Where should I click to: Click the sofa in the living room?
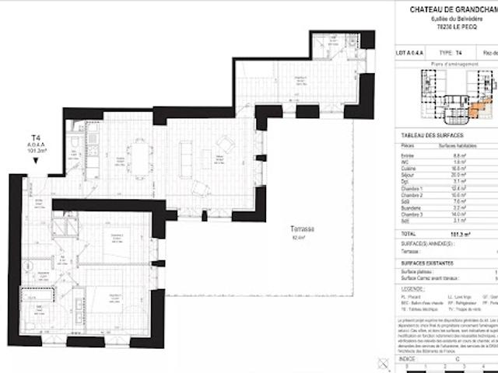(186, 158)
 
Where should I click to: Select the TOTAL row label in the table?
(409, 232)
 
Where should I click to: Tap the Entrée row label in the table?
(408, 154)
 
